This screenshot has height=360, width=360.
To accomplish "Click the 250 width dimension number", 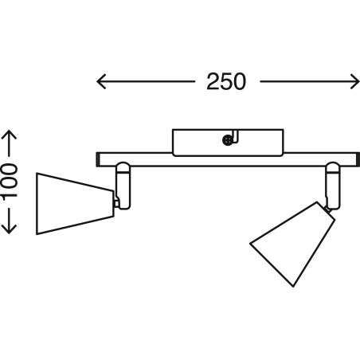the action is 226,81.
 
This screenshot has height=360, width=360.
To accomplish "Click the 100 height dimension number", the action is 10,181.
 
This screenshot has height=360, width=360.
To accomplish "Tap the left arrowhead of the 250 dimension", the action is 101,81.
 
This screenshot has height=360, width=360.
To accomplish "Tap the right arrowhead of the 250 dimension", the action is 354,81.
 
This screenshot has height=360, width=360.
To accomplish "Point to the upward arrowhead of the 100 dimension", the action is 9,135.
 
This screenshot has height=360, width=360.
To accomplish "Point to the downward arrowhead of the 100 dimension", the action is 9,229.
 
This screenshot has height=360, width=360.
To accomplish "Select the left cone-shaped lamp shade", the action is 76,204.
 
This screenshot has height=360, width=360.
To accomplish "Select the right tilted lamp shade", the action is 292,245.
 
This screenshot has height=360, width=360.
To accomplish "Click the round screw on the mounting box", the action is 227,140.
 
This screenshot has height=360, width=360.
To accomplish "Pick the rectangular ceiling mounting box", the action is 228,143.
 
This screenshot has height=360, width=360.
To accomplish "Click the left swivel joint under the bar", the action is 123,186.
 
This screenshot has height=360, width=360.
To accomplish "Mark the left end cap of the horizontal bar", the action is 98,159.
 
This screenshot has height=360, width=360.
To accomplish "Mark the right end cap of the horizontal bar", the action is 358,159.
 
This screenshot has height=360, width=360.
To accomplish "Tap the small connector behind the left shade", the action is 116,204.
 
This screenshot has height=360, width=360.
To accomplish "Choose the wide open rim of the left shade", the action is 37,204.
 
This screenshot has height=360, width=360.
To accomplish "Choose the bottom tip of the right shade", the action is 293,287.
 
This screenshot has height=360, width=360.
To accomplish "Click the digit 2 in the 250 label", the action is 213,81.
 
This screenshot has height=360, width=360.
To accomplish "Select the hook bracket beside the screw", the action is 235,137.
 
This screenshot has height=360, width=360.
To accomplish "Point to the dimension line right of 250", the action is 310,81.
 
